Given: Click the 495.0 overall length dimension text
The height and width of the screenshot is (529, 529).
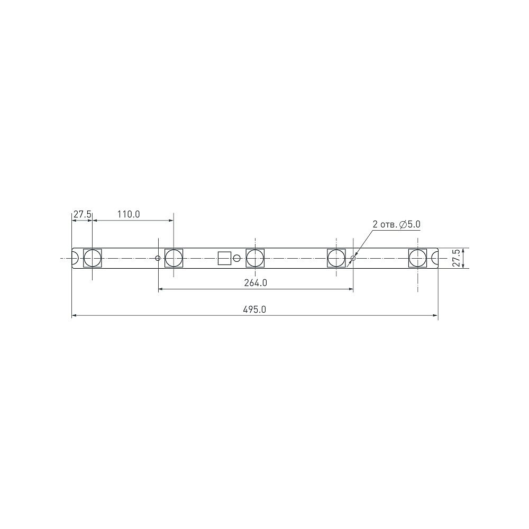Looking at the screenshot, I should click(x=255, y=310).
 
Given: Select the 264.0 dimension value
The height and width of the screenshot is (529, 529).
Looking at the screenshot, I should click(x=256, y=283).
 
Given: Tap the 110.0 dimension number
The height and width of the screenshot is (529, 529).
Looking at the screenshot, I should click(x=128, y=214).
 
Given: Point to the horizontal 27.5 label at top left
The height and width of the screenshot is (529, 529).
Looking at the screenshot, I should click(x=83, y=214).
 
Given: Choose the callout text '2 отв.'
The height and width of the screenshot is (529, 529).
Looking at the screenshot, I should click(x=385, y=225).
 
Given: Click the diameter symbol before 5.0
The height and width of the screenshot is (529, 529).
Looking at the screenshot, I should click(x=403, y=225).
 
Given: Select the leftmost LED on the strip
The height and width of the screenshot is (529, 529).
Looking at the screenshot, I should click(x=93, y=258).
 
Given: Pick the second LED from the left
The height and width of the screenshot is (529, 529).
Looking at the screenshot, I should click(x=174, y=258).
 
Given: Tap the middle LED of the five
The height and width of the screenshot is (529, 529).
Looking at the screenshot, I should click(x=255, y=258).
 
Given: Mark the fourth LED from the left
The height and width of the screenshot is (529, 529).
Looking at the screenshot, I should click(x=336, y=258).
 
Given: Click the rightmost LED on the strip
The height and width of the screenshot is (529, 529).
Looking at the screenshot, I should click(x=418, y=258).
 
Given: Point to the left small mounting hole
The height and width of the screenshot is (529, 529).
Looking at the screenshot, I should click(x=158, y=258).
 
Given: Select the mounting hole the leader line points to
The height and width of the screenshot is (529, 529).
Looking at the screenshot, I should click(x=353, y=258).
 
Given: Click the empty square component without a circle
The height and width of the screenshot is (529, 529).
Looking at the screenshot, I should click(x=225, y=258).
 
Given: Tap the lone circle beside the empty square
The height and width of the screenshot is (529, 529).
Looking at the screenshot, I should click(x=237, y=258).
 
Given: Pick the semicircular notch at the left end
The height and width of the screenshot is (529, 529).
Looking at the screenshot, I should click(x=75, y=258).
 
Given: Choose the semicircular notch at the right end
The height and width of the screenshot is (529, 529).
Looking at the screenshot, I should click(x=435, y=258).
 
